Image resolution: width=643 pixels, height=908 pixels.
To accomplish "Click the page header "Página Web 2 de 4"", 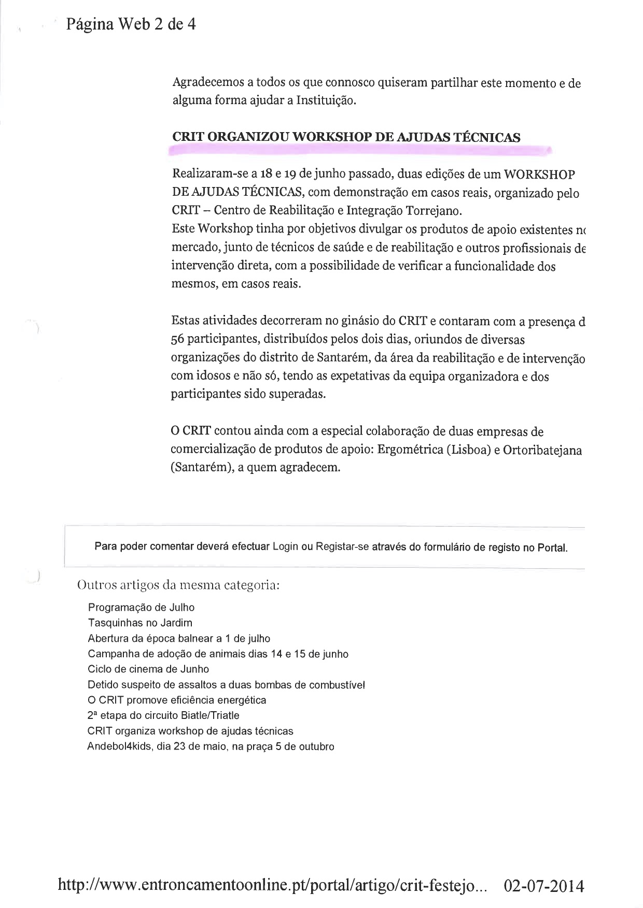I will coord(131,24).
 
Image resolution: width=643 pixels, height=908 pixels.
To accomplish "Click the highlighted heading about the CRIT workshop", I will coord(346,137).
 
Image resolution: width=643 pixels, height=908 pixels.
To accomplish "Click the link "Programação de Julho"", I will coord(141,607).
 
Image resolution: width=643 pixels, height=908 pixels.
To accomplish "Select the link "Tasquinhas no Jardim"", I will coord(140,623).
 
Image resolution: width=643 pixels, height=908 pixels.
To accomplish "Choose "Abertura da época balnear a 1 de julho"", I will coord(179,638).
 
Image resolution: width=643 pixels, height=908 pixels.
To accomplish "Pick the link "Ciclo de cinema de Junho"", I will coord(148,669).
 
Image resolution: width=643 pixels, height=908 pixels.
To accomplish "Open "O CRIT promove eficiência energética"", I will coord(177,700).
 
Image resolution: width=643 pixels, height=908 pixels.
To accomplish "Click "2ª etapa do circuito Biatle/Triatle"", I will coord(163,715).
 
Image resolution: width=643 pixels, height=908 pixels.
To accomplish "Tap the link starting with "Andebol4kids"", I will coord(211,746).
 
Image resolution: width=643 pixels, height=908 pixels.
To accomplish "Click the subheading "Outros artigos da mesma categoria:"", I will coord(178,585).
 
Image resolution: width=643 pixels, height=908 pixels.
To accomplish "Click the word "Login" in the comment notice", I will coord(285,546).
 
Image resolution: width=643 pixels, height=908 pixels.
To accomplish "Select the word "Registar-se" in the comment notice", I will coord(342,546).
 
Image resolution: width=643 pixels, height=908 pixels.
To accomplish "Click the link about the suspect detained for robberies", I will coord(226,684).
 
